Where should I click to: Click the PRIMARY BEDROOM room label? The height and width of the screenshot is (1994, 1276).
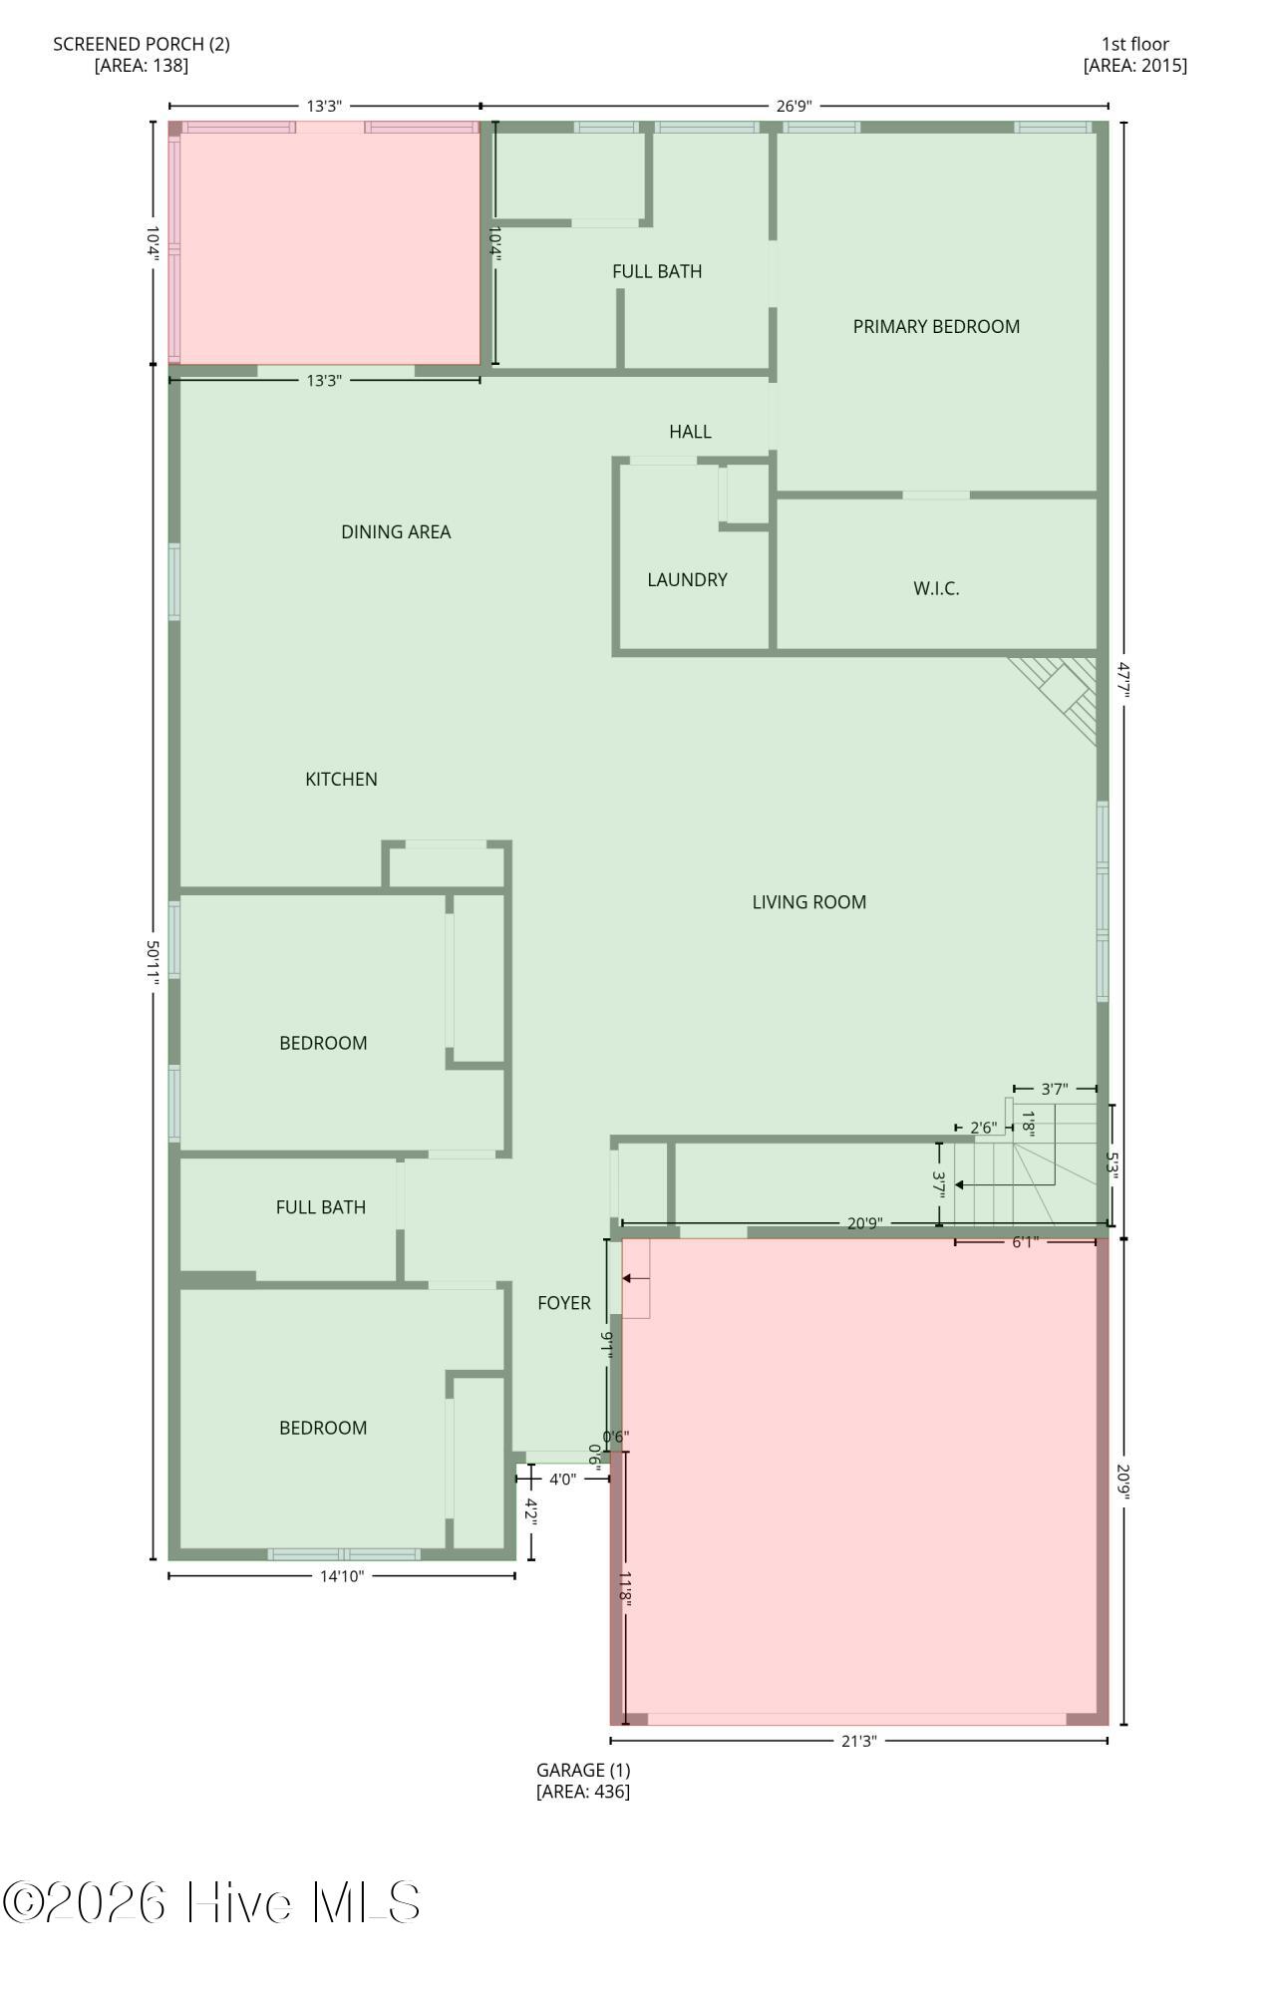[936, 326]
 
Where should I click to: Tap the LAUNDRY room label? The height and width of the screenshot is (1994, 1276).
[687, 579]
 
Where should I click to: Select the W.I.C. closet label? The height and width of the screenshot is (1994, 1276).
[936, 588]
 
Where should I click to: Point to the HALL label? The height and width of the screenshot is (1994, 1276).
[690, 432]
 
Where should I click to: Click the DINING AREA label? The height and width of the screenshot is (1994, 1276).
[396, 531]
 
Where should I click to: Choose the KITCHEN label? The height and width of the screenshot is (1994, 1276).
[341, 779]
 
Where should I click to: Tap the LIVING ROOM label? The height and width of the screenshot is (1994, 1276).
[808, 902]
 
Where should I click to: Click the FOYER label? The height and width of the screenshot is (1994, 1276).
[564, 1303]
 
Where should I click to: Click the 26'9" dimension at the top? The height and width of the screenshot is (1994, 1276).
[795, 106]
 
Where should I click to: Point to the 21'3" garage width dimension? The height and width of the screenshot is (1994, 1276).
[858, 1741]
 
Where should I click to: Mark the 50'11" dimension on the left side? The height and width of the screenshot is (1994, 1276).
[154, 962]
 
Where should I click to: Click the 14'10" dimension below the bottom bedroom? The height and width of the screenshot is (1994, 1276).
[342, 1576]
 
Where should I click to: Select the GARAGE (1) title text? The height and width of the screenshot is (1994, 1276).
[583, 1770]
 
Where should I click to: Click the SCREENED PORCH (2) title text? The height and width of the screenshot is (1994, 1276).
[142, 44]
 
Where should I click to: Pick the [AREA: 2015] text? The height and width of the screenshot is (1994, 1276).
[1134, 66]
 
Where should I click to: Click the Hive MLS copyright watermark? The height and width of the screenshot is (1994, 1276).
[211, 1903]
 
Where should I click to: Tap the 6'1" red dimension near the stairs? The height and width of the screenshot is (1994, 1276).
[1025, 1242]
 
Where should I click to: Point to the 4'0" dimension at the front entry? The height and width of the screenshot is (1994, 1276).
[562, 1480]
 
